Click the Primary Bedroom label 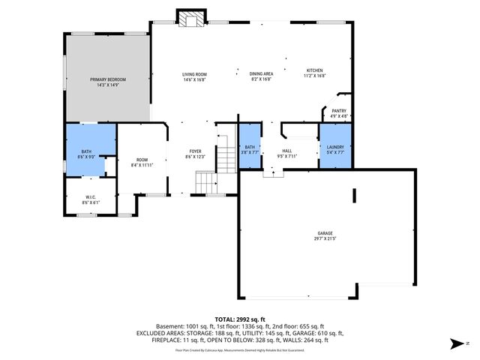(108, 79)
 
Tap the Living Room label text (194, 74)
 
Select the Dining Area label (261, 74)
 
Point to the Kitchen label (314, 71)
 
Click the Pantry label (339, 110)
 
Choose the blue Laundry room (335, 148)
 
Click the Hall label (287, 151)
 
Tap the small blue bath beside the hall (250, 148)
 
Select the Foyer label (194, 152)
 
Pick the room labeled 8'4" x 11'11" (142, 161)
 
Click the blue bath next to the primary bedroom (87, 153)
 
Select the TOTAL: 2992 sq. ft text (239, 319)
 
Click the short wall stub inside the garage (355, 195)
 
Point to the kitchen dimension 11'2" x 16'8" (314, 76)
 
